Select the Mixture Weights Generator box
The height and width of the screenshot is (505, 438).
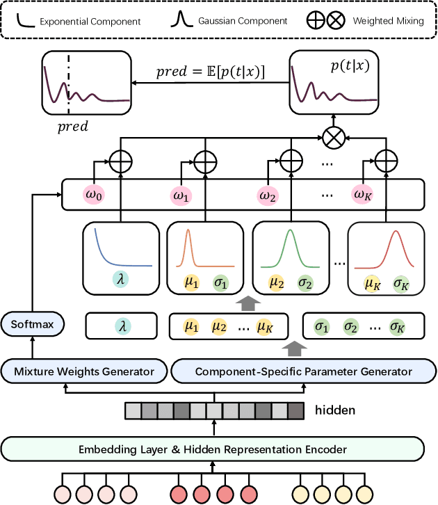(x=84, y=371)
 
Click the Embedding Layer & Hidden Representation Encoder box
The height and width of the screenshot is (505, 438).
(x=213, y=449)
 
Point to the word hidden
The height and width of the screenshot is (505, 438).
(x=336, y=410)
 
